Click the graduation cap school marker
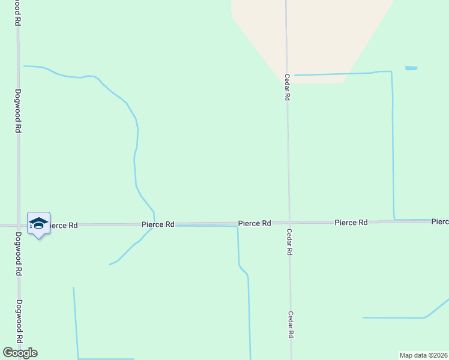38,224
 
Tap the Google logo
20,353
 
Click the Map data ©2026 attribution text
424,355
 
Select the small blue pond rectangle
411,68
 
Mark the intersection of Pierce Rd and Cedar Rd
289,223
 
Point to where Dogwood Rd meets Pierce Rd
19,225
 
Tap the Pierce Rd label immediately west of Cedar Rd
255,223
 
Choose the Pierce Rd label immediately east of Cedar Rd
351,223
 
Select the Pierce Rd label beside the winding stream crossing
158,224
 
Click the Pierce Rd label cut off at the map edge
440,222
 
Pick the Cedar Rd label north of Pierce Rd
288,88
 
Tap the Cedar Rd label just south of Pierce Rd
289,242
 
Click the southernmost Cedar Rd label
291,325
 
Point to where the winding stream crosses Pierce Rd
154,224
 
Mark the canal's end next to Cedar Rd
295,75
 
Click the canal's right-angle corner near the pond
391,72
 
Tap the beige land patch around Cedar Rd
312,36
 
